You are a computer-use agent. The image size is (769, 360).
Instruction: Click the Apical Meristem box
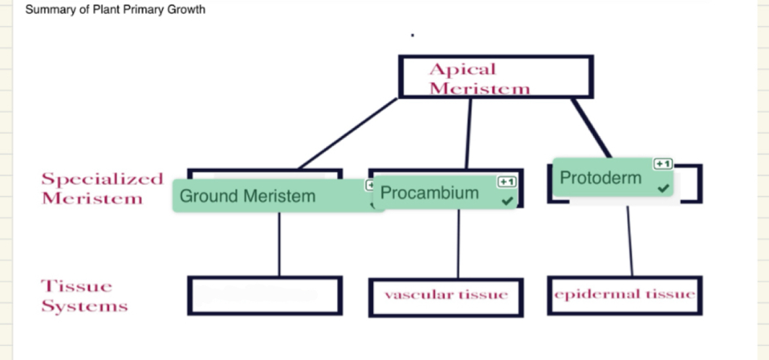pos(496,77)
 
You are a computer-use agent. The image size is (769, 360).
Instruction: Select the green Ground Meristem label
pos(247,196)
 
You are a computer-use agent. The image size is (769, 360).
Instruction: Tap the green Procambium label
pos(430,193)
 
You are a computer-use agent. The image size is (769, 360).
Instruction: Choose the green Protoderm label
pos(601,177)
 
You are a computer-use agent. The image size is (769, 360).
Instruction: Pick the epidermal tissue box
pos(624,295)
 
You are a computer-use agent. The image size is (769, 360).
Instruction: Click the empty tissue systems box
pos(264,296)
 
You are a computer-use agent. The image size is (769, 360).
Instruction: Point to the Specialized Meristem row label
pos(102,189)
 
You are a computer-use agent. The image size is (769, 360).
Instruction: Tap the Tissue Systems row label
pos(84,296)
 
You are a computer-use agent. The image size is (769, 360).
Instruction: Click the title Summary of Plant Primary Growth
pos(115,10)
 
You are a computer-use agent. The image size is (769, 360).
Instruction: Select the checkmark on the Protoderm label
pos(664,189)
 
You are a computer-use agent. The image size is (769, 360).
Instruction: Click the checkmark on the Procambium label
pos(507,200)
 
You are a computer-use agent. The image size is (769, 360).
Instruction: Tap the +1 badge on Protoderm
pos(663,164)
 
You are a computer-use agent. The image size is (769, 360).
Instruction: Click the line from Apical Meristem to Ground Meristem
pos(348,133)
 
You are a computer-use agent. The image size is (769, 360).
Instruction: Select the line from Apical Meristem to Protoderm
pos(592,128)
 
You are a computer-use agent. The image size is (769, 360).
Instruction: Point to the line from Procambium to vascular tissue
pos(457,243)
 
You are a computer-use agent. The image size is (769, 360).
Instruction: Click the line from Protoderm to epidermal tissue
pos(630,240)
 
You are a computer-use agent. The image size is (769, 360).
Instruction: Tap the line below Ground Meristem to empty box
pos(279,243)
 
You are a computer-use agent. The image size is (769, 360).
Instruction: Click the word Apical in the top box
pos(462,69)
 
